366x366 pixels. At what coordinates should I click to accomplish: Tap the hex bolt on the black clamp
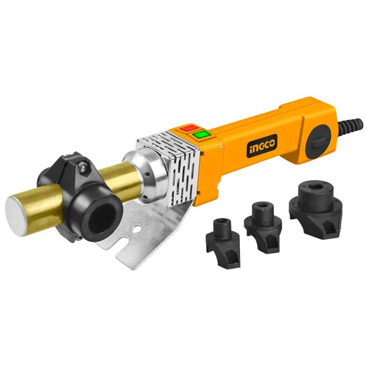pyautogui.click(x=83, y=164)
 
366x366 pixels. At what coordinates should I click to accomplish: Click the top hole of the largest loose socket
pyautogui.click(x=317, y=187)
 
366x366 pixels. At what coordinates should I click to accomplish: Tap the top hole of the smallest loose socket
pyautogui.click(x=222, y=222)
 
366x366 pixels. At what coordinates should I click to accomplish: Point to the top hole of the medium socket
pyautogui.click(x=262, y=206)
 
